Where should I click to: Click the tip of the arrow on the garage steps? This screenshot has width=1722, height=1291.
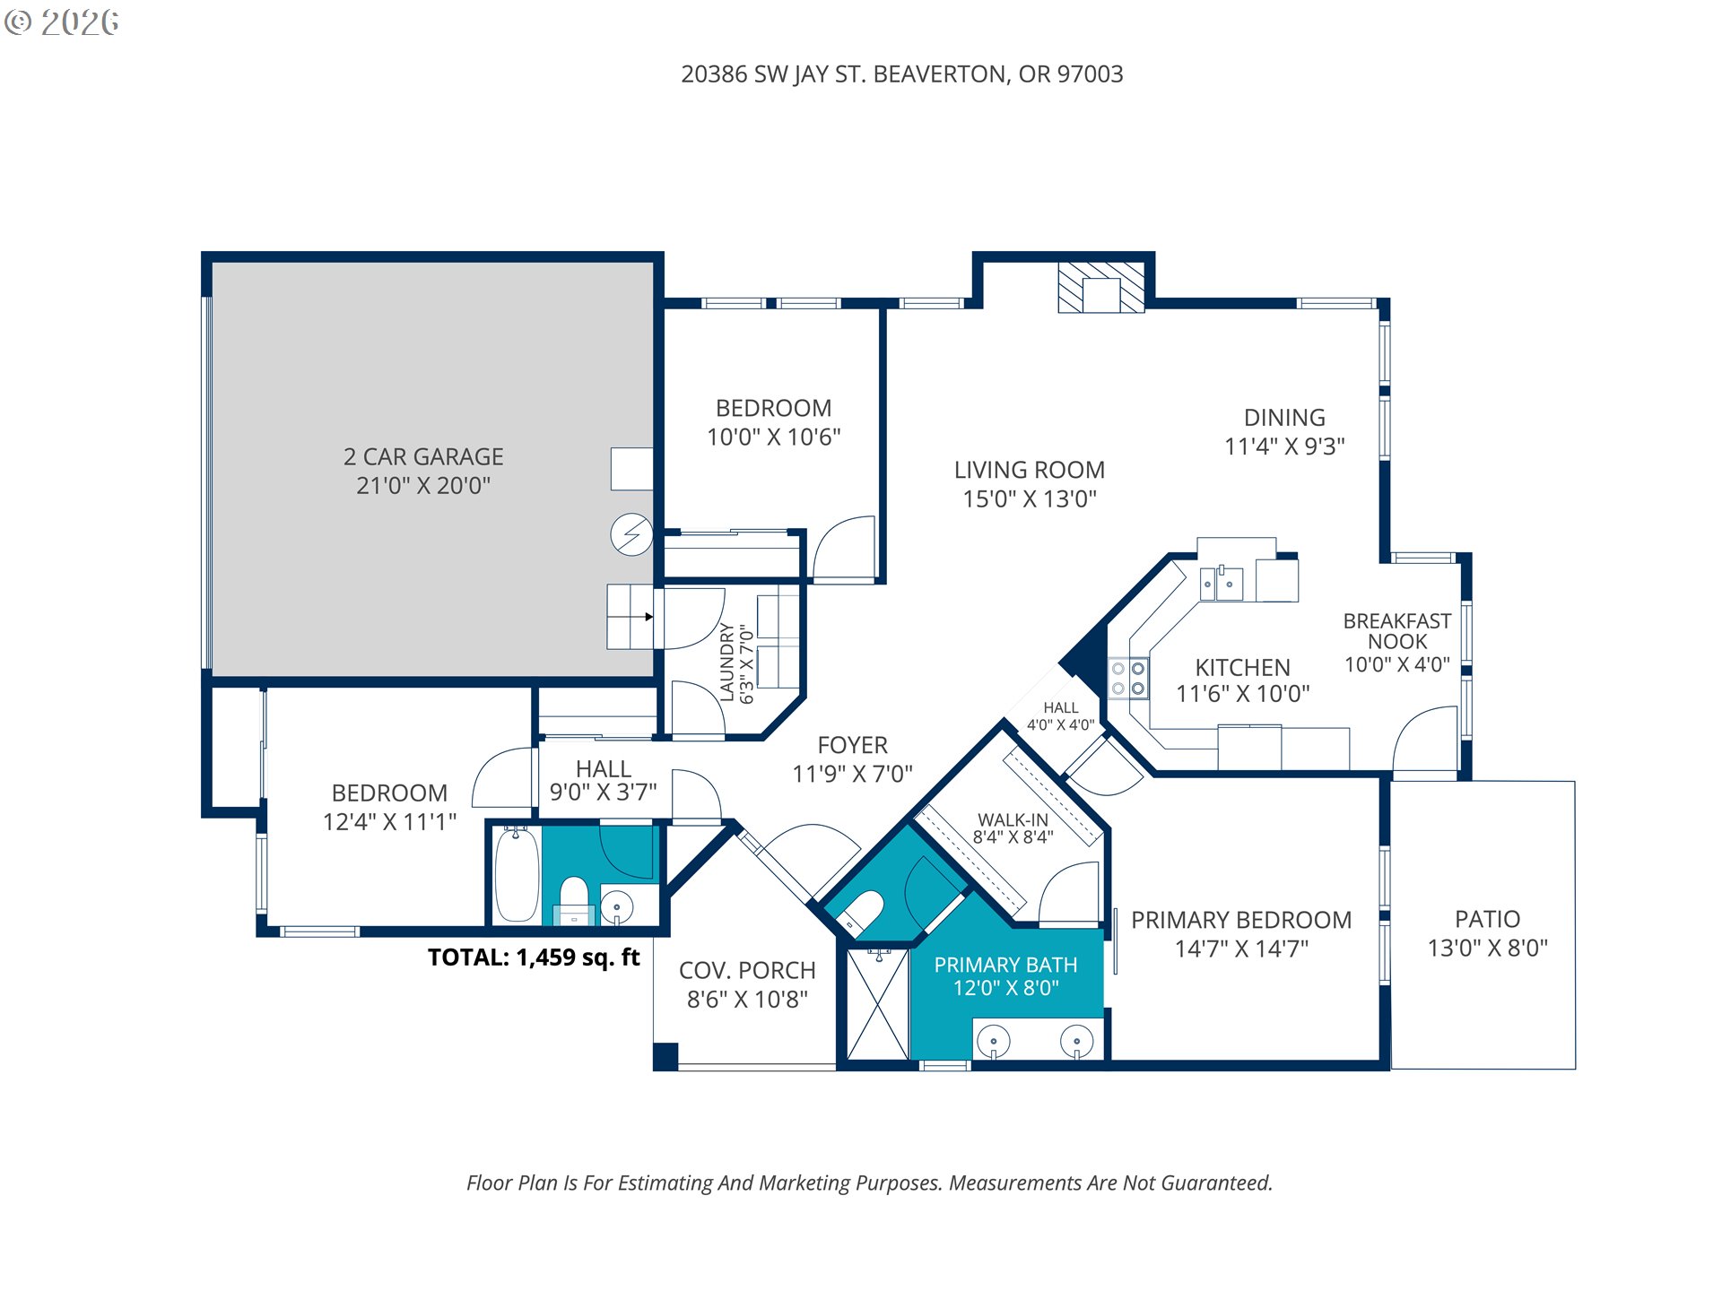click(653, 617)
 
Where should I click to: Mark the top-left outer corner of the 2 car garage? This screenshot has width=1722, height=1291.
click(202, 253)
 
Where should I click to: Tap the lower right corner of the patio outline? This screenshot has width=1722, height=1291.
click(1575, 1069)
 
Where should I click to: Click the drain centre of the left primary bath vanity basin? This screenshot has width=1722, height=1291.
click(993, 1042)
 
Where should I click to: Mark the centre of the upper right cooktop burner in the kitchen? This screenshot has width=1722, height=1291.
click(1137, 669)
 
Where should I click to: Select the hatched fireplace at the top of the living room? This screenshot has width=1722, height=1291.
click(1101, 288)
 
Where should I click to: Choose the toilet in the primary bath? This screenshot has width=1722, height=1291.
click(859, 911)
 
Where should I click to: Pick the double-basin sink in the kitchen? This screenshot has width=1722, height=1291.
click(1222, 584)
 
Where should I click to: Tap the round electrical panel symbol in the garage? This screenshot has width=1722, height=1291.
click(631, 535)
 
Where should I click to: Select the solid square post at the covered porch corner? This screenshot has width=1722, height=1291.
click(665, 1056)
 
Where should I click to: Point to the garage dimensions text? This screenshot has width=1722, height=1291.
click(423, 486)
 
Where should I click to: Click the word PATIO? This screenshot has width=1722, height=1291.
click(1487, 919)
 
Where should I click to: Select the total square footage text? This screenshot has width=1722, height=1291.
click(534, 957)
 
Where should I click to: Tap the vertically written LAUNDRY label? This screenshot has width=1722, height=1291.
click(727, 662)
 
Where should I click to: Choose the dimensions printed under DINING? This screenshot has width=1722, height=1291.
click(1284, 446)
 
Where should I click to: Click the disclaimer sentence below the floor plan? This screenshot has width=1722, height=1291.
click(869, 1183)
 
